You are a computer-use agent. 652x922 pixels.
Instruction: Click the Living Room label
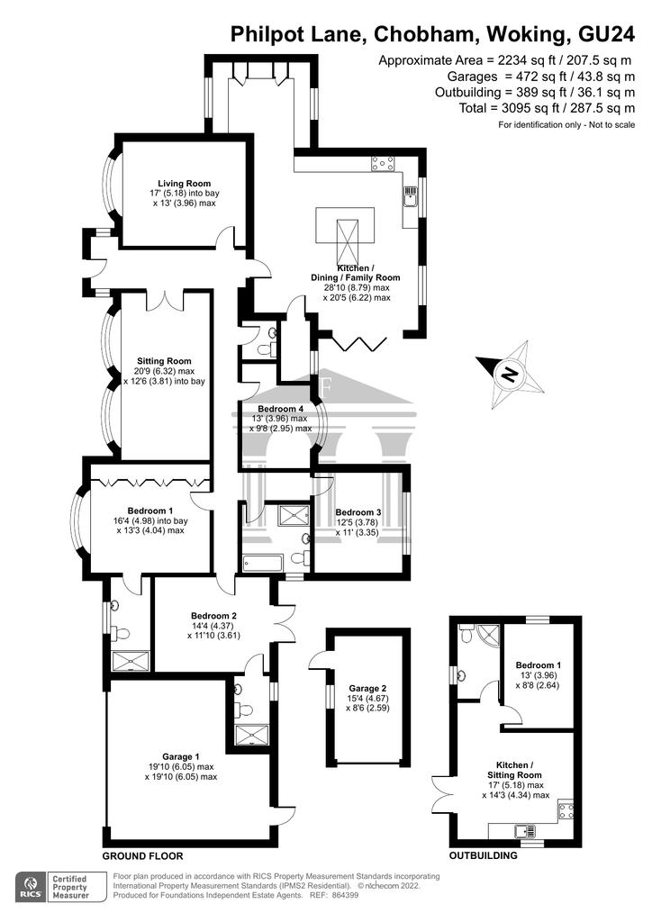184,184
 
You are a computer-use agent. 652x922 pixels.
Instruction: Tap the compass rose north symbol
511,375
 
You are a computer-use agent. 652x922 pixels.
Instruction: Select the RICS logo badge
32,887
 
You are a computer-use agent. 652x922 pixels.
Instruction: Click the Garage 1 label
181,756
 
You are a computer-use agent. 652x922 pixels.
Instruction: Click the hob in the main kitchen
382,164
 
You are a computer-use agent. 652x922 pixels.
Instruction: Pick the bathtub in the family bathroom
263,563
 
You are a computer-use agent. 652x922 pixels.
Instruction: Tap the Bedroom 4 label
280,409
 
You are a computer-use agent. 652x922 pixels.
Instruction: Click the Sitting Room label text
164,361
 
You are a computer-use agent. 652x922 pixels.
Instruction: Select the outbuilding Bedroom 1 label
538,665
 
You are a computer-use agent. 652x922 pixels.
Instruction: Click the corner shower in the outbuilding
489,635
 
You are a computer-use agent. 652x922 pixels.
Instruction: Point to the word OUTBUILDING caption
484,855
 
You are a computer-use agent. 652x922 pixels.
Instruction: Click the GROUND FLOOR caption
143,855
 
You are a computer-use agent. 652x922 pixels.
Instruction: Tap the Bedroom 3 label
358,512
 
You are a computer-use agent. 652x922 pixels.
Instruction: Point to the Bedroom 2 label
213,616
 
